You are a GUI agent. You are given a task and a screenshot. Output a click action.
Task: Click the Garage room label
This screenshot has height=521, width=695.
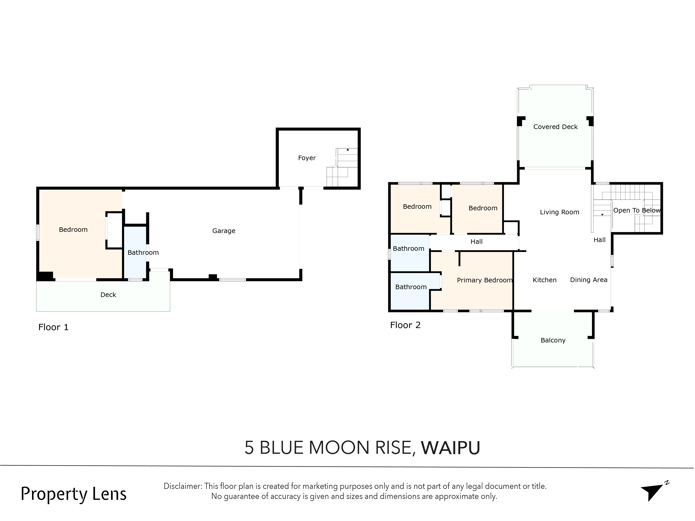click(224, 231)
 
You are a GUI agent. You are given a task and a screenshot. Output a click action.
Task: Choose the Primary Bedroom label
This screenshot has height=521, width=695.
click(484, 280)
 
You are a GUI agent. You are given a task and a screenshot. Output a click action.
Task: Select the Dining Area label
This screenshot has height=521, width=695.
click(588, 280)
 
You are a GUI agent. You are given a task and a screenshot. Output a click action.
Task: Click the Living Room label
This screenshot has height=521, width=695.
click(559, 212)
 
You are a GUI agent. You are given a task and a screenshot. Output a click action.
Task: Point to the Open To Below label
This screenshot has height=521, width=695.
click(637, 210)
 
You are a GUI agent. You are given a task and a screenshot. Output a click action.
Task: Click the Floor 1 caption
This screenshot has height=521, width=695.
click(53, 327)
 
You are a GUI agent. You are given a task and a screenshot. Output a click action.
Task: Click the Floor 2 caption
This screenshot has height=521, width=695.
click(405, 325)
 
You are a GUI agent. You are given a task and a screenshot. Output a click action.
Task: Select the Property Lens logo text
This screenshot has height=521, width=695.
click(73, 494)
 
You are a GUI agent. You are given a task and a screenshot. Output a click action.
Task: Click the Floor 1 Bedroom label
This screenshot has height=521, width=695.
click(73, 230)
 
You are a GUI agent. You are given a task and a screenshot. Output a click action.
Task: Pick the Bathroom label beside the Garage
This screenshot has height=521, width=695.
click(143, 253)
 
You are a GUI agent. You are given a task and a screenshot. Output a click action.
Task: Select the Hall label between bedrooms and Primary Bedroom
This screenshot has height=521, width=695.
click(476, 242)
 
